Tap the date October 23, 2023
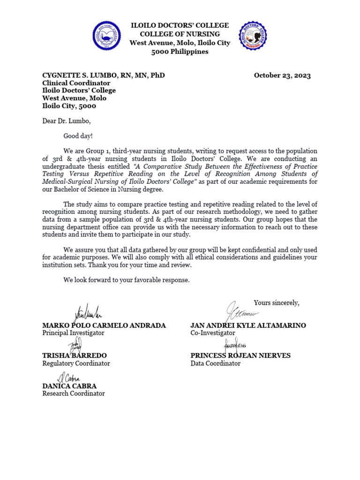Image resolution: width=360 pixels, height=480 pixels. [x=282, y=75]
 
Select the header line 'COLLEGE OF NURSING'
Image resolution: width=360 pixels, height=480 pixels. [x=180, y=34]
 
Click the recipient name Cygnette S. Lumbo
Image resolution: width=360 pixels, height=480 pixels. [x=103, y=75]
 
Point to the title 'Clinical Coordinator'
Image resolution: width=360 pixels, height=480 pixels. [x=76, y=83]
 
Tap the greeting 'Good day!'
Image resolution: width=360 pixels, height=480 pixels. [x=78, y=136]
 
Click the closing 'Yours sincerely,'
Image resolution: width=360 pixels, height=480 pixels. [x=276, y=303]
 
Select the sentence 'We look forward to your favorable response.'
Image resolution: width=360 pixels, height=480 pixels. [x=127, y=280]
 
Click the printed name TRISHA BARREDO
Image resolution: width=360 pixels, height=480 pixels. [x=75, y=356]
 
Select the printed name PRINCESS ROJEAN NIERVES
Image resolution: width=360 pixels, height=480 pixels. [x=240, y=356]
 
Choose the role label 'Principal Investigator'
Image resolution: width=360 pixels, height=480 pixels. [x=73, y=333]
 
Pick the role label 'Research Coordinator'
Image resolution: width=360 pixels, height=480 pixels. [x=74, y=394]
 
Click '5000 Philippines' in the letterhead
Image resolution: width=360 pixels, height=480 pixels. [x=180, y=52]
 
